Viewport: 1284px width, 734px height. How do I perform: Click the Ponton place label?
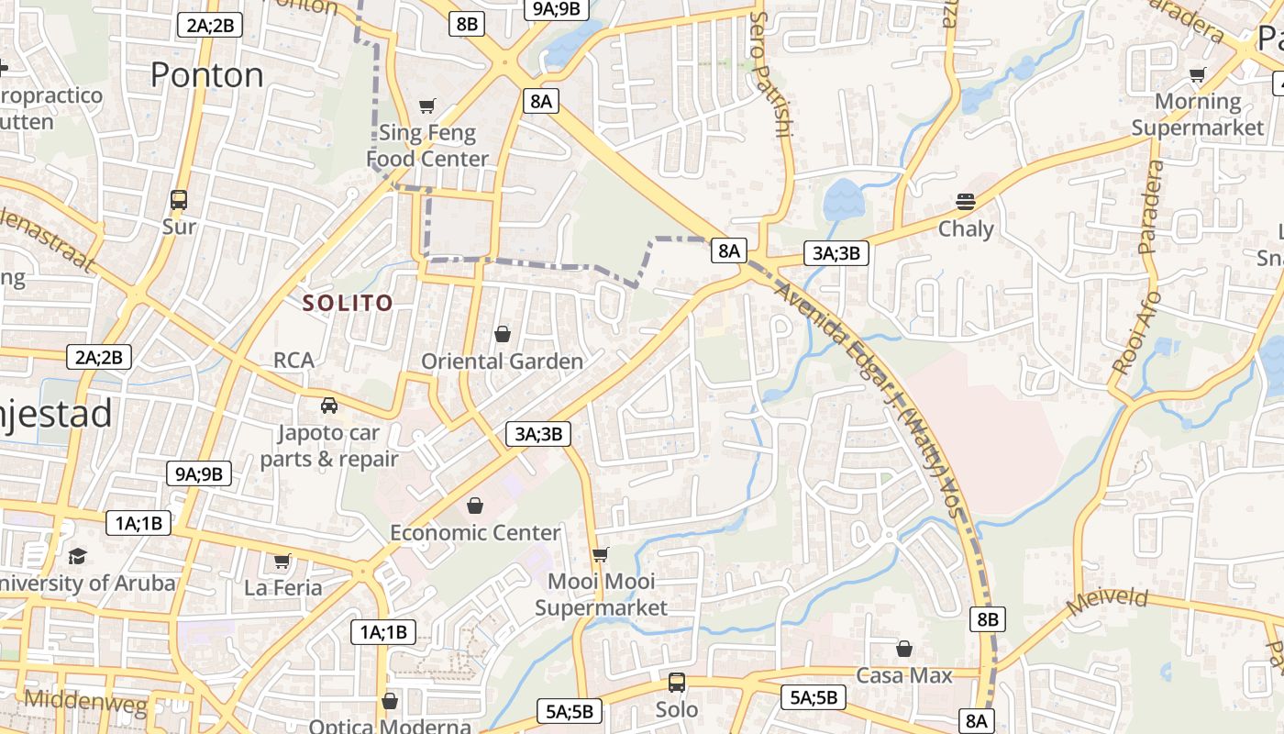[206, 74]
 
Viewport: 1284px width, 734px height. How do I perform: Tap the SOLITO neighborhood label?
[348, 303]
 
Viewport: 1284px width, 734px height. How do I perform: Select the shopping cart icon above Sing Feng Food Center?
[426, 106]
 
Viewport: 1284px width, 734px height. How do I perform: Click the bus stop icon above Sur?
[179, 199]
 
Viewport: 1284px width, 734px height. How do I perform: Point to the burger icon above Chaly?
[965, 202]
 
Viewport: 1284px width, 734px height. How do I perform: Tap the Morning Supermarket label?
[1198, 115]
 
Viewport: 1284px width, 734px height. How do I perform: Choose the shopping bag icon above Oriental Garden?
[503, 334]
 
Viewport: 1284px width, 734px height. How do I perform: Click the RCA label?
[293, 360]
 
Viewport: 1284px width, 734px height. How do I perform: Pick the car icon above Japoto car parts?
[328, 405]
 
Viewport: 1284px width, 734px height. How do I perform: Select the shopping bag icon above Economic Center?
[475, 506]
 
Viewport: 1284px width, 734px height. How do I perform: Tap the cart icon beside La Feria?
[282, 561]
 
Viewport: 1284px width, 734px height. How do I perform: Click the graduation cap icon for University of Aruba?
[78, 556]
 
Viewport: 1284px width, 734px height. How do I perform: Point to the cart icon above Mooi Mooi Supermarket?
[601, 554]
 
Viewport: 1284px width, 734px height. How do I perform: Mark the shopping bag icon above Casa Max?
[904, 649]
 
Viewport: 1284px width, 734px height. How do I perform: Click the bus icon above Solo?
[677, 683]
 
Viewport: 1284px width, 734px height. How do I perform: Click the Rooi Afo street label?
[1136, 332]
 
